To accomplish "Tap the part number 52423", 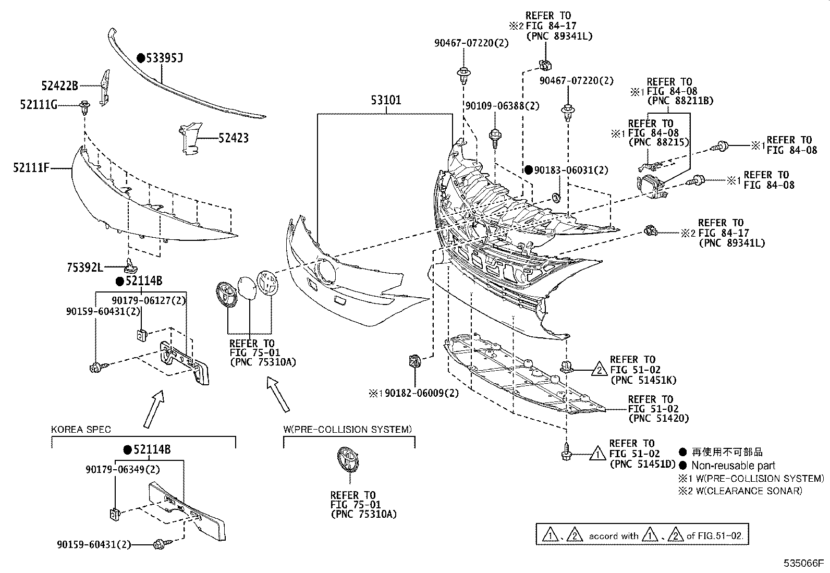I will pos(233,138).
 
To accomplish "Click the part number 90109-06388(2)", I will pos(503,106).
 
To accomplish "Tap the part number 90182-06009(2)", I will pos(422,393).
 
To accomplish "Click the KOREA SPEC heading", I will pos(81,430).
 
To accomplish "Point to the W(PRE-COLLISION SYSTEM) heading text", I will pos(348,429).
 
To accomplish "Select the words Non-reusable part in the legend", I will pos(733,466).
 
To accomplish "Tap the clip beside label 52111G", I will pos(84,108).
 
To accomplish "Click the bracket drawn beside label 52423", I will pos(188,140).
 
